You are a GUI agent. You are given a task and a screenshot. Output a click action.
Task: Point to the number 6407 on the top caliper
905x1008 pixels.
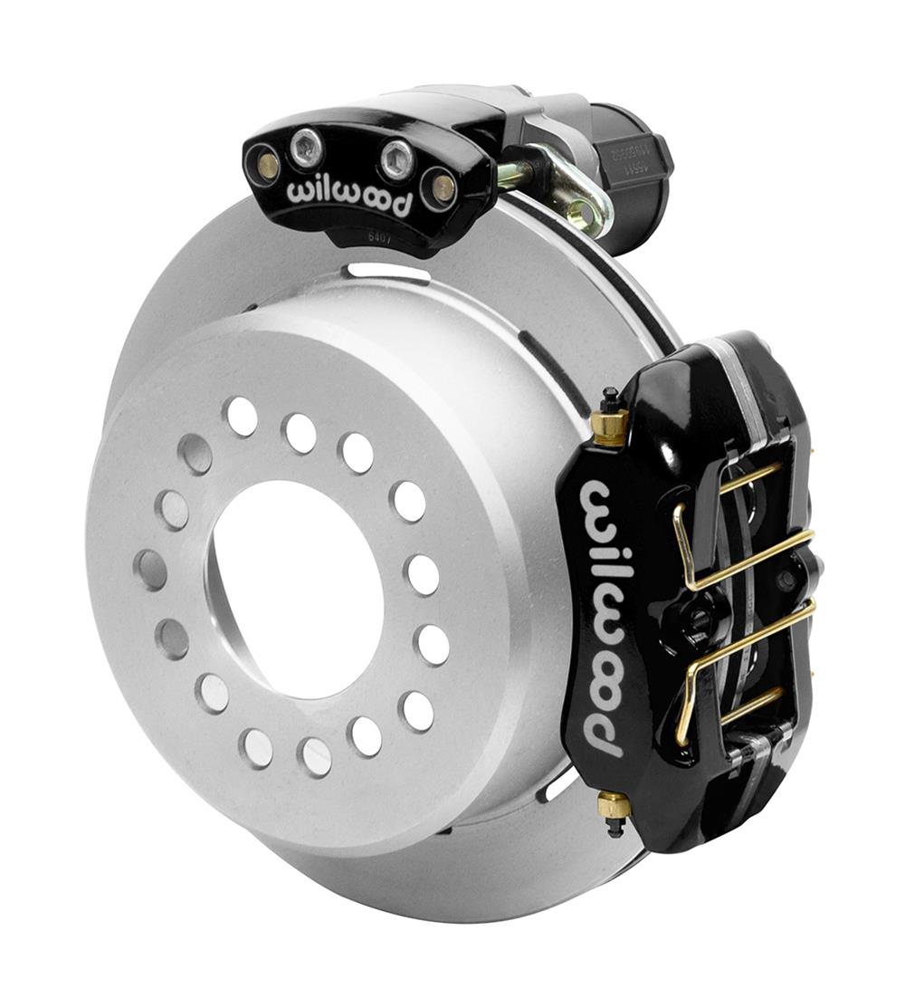pos(382,238)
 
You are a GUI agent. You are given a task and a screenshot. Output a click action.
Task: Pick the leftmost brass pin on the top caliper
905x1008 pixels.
pos(267,165)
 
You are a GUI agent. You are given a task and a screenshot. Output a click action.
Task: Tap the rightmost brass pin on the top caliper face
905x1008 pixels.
pos(442,187)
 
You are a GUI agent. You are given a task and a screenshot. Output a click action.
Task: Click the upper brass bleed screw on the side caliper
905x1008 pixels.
pos(611,422)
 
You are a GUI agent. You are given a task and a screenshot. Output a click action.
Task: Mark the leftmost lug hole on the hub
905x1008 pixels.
pos(149,570)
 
